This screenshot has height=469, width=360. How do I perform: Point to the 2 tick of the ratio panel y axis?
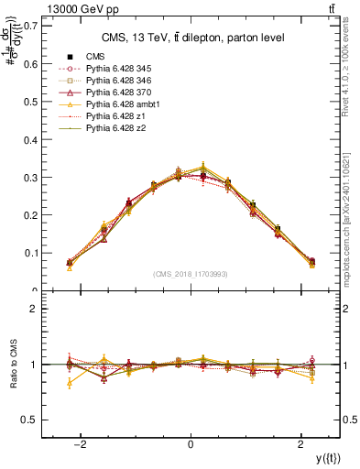click(35, 310)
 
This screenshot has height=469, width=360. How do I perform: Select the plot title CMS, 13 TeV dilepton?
click(191, 38)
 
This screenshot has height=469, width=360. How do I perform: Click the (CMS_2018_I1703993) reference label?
click(191, 274)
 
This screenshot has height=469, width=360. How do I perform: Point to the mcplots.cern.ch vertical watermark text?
click(351, 211)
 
